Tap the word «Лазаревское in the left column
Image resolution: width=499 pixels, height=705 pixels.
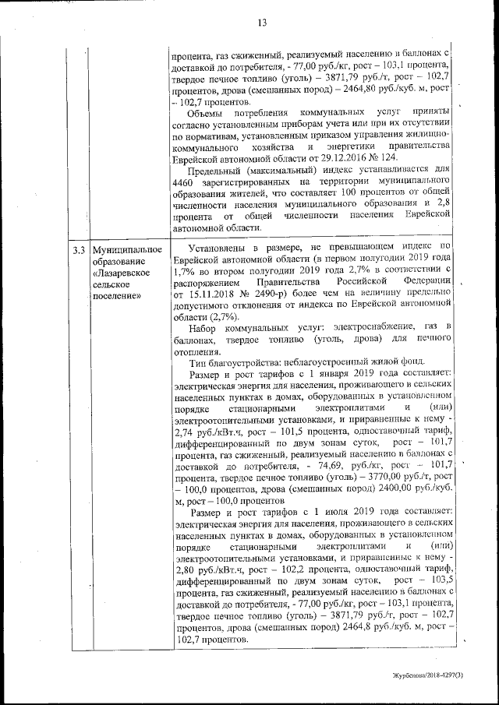point(122,273)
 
